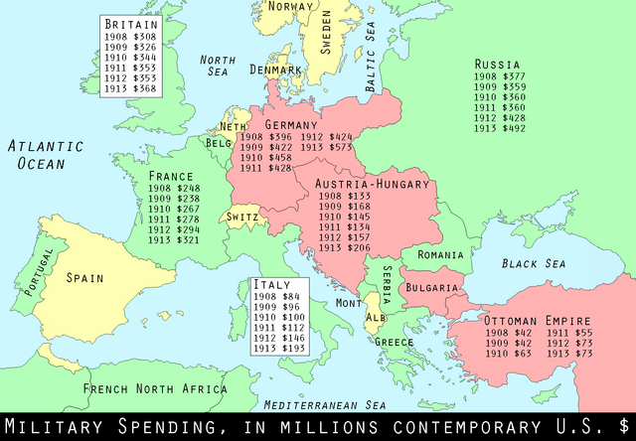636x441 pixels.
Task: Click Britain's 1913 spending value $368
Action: tap(130, 88)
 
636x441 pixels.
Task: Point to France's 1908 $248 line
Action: tap(174, 189)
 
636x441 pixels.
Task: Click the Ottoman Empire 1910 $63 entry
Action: tap(511, 353)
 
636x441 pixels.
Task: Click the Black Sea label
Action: tap(533, 263)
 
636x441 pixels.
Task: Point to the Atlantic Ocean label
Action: tap(46, 155)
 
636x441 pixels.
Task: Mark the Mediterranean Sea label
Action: tap(324, 404)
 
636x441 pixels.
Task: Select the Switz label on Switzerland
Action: tap(243, 217)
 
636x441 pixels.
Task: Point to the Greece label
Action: tap(394, 343)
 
